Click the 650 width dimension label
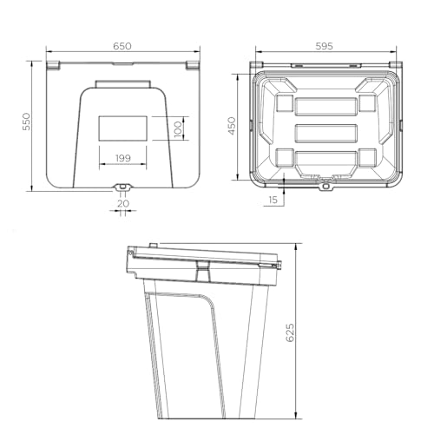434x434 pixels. click(122, 46)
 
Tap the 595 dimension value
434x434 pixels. click(325, 46)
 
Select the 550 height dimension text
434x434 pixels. click(26, 122)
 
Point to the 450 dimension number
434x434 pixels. click(232, 126)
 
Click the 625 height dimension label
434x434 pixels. click(290, 332)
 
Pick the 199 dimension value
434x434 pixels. click(123, 158)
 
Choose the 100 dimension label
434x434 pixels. click(178, 129)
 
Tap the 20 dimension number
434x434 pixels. click(123, 203)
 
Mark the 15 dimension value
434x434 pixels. click(273, 200)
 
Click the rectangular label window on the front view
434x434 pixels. click(122, 128)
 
